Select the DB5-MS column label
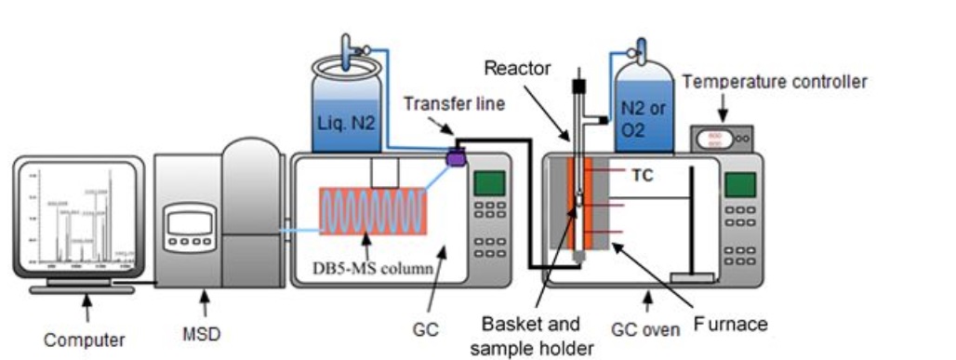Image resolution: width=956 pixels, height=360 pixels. pyautogui.click(x=371, y=271)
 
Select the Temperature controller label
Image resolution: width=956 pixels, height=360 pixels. pyautogui.click(x=774, y=82)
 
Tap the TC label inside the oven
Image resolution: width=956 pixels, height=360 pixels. pyautogui.click(x=643, y=173)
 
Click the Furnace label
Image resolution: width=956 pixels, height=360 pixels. pyautogui.click(x=734, y=324)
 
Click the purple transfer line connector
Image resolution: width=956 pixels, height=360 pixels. pyautogui.click(x=457, y=158)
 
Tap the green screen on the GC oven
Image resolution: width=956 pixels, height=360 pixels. pyautogui.click(x=740, y=183)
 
